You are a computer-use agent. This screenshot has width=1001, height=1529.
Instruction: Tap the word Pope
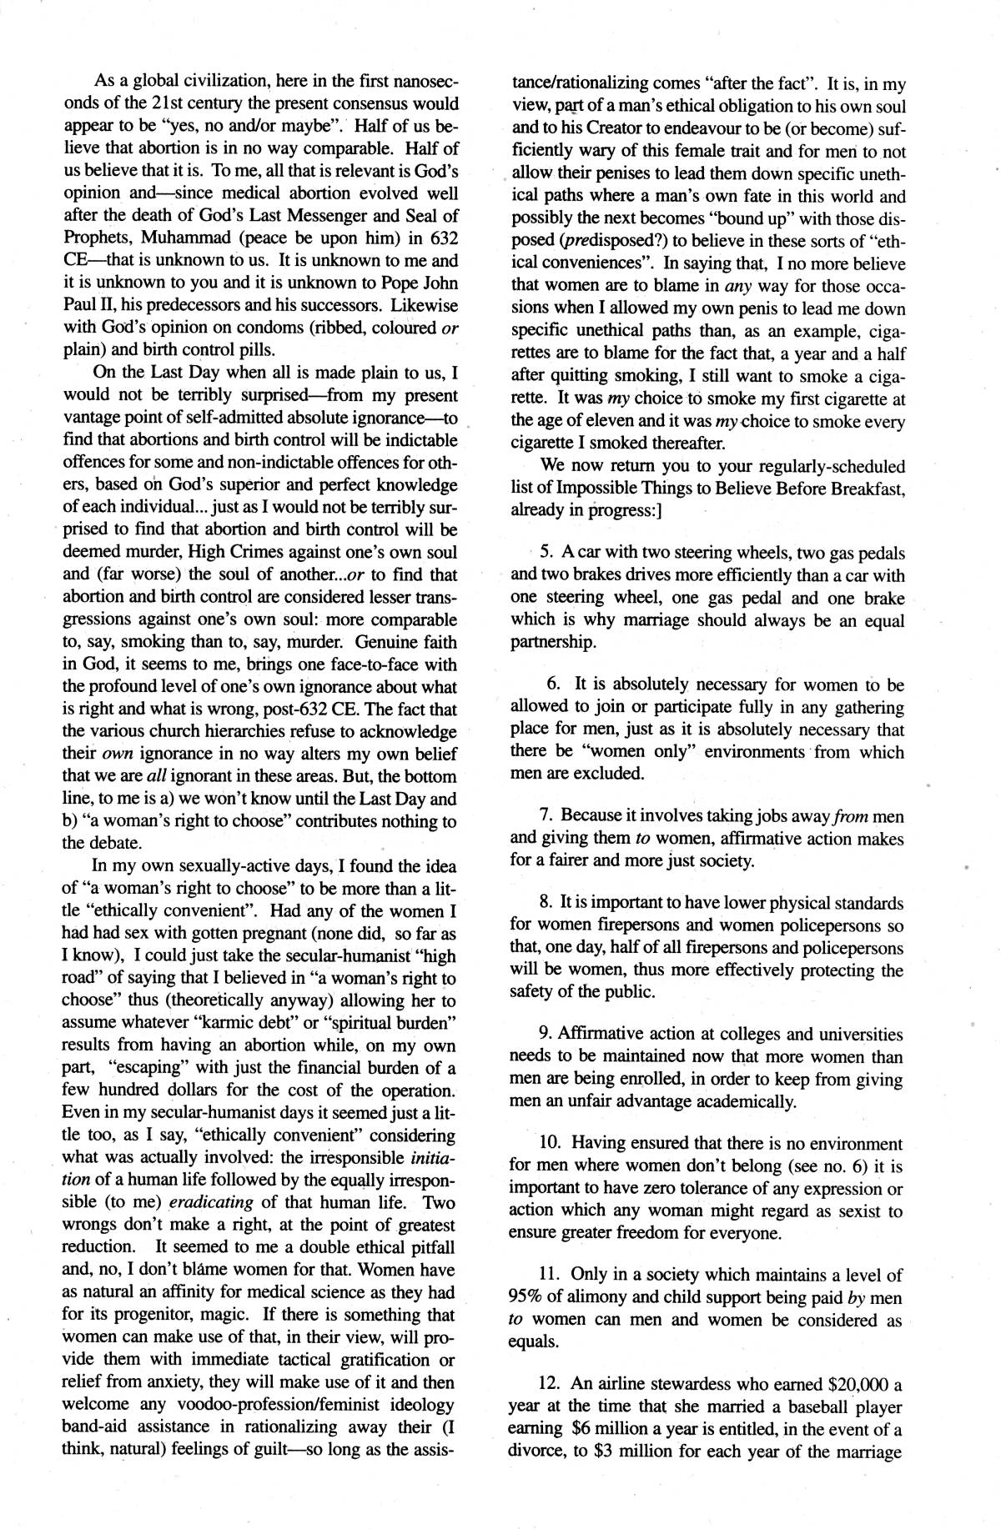pyautogui.click(x=397, y=283)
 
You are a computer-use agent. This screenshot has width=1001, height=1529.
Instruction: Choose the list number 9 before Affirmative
pyautogui.click(x=546, y=1035)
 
